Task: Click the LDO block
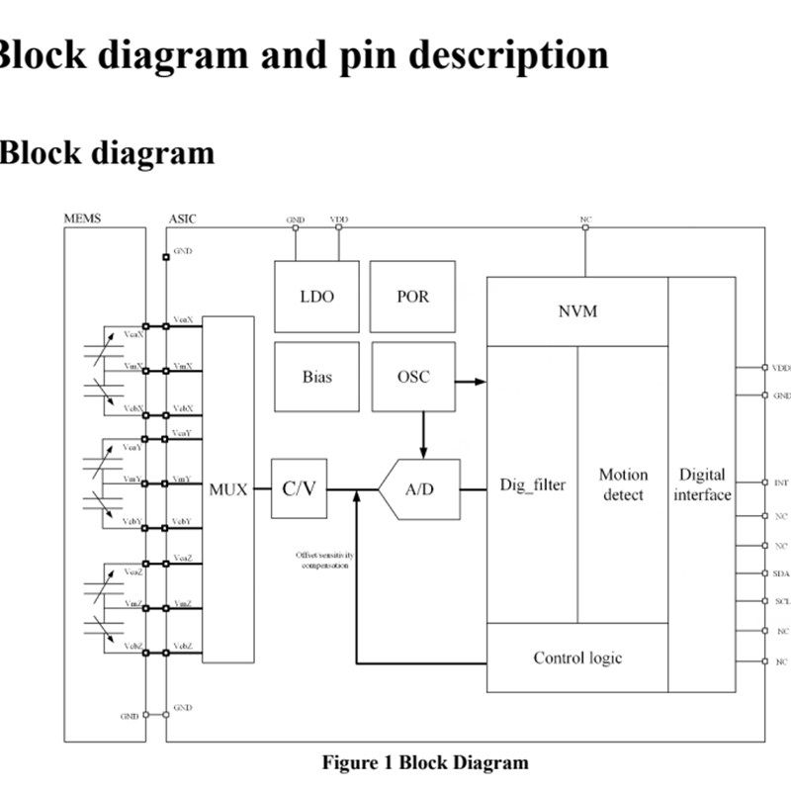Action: point(316,296)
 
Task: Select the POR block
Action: point(412,296)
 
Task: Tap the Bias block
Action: point(316,377)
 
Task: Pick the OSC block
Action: point(412,377)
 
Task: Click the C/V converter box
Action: point(299,488)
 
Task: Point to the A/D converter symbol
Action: point(420,488)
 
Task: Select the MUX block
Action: point(227,488)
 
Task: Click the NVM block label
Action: point(577,311)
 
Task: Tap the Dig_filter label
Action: point(533,485)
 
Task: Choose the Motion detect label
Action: point(623,484)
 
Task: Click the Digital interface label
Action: point(702,484)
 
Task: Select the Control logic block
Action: point(577,658)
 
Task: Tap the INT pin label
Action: point(781,483)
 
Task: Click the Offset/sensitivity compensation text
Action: point(323,561)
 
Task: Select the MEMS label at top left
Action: point(82,218)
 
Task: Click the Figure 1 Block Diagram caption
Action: point(425,762)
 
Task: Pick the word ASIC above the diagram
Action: point(183,218)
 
